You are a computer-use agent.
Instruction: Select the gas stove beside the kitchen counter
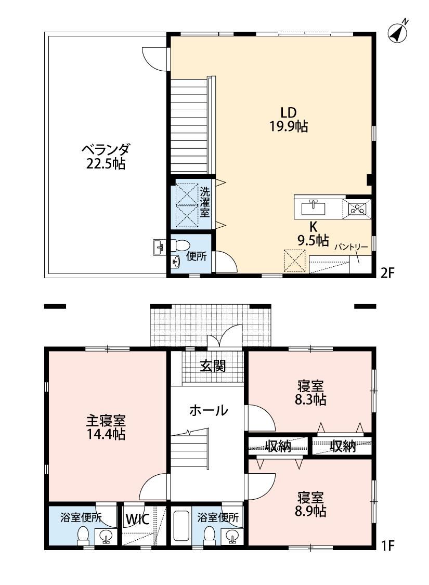[357, 208]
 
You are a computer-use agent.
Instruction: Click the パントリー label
[350, 246]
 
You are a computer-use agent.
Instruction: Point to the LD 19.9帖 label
[289, 120]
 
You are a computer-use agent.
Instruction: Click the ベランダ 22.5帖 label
[106, 157]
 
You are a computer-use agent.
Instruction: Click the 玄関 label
[213, 366]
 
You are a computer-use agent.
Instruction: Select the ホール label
[209, 410]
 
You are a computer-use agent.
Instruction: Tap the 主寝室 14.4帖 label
[106, 427]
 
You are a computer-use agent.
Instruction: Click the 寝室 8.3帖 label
[310, 393]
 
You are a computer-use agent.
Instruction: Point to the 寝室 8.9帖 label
[310, 504]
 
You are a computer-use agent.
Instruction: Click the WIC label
[137, 519]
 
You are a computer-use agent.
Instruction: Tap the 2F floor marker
[387, 274]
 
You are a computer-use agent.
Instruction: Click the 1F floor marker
[387, 546]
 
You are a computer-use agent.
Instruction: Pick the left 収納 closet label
[278, 446]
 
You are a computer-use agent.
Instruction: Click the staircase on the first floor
[190, 449]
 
